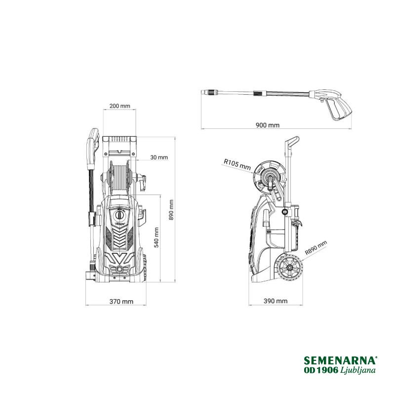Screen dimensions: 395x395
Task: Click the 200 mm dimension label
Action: [119, 106]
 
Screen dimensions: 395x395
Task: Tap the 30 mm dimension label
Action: [159, 157]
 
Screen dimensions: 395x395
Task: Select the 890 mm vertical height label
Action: [171, 210]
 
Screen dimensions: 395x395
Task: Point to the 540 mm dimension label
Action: [157, 237]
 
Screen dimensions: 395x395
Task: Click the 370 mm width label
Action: [121, 301]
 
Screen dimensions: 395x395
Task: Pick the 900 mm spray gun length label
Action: [268, 125]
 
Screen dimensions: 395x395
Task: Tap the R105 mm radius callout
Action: [237, 164]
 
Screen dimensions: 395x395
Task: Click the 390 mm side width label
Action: [276, 301]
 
